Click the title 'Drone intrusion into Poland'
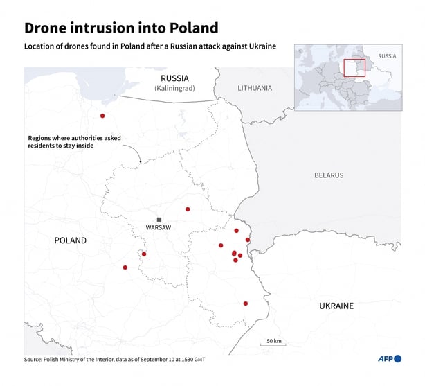coord(121,28)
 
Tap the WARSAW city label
coord(159,227)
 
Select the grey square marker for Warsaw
coord(159,219)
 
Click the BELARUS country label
coord(328,175)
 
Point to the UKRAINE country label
coord(336,306)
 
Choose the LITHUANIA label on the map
coord(255,88)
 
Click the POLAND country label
coord(71,240)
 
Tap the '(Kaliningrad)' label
coord(174,89)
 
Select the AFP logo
coord(389,359)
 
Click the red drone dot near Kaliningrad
coord(102,116)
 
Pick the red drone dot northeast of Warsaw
coord(188,209)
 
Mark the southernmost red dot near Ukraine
coord(246,303)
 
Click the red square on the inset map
coord(354,67)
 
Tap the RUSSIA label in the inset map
coord(387,55)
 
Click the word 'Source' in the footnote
coord(34,360)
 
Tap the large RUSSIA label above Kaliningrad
coord(174,78)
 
